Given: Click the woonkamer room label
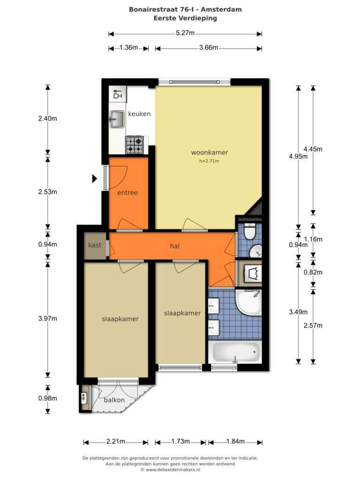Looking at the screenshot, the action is click(210, 152).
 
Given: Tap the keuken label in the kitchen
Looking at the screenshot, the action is click(139, 113).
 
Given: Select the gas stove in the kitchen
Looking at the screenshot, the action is click(135, 145).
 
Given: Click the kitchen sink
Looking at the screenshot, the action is click(117, 119).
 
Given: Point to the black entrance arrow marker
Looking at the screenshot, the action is click(95, 178).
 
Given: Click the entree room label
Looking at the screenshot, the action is click(127, 193).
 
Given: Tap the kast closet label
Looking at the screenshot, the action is click(95, 245).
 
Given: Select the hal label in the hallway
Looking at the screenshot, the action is click(174, 246).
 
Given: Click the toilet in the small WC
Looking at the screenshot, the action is click(250, 231).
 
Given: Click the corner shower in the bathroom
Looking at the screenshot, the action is click(248, 302).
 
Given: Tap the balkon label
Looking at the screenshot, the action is click(114, 400).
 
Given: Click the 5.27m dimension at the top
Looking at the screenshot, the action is click(185, 33).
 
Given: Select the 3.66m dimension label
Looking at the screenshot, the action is click(209, 47).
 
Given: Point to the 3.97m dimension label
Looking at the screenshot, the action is click(47, 318).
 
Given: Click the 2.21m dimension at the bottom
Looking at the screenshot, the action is click(116, 442).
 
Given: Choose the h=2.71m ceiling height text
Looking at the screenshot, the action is click(209, 161).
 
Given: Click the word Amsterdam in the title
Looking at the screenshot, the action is click(221, 9).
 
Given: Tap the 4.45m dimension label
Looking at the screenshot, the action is click(313, 149).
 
